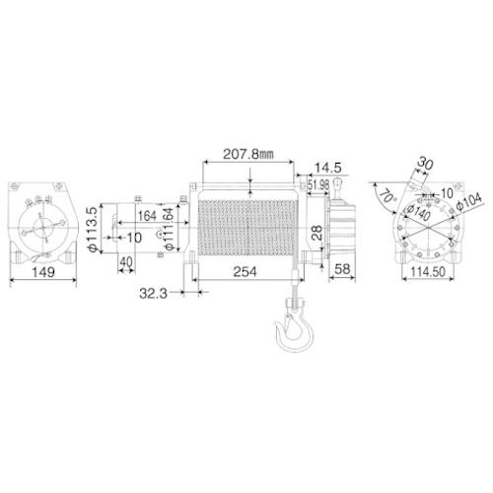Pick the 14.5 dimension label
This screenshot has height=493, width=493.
[x=328, y=169]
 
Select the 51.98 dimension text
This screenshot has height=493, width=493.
[x=318, y=186]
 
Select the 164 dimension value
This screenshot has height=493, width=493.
[x=147, y=215]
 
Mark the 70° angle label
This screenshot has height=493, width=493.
[x=384, y=196]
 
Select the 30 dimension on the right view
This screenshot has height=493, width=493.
[x=426, y=163]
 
